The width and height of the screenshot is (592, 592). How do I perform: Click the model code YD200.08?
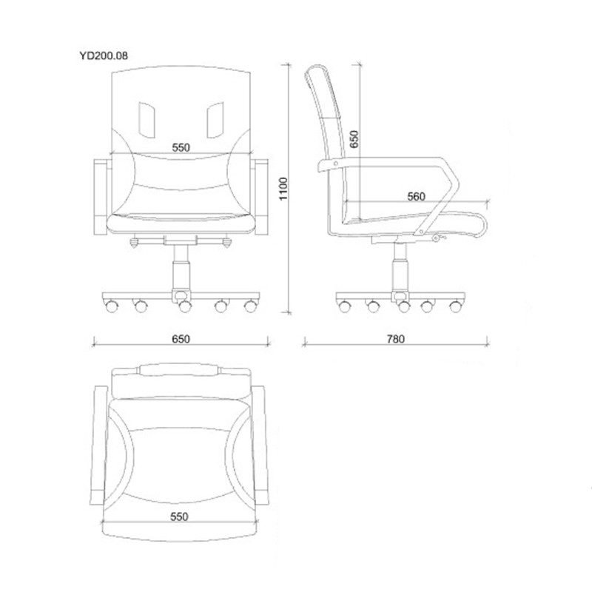coord(104,56)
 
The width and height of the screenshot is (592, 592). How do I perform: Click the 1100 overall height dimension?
coord(283,189)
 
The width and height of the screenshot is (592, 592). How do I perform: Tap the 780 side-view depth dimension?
coord(396,339)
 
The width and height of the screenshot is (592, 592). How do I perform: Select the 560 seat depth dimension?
coord(416,196)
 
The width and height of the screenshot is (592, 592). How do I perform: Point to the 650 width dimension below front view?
coord(181,339)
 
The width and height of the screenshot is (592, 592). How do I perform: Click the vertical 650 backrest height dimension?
coord(354,139)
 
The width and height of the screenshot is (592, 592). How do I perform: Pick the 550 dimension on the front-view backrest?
coord(181,147)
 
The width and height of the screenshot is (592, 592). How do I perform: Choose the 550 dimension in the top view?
coord(179,517)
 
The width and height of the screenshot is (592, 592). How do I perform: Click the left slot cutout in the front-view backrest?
coord(147,119)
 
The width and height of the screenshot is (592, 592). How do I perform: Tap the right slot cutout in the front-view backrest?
coord(215,119)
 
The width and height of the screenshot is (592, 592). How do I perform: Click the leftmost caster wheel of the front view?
coord(111,306)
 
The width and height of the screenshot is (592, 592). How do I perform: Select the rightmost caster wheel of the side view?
coord(456,306)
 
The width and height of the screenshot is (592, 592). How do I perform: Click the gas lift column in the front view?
coord(181,269)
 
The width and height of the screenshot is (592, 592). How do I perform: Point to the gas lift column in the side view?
coord(400,268)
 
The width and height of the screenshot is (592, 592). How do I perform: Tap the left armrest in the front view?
coord(101,197)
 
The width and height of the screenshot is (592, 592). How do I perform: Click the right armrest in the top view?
coord(260,445)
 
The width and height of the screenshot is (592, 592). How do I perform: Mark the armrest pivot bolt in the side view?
coord(336,164)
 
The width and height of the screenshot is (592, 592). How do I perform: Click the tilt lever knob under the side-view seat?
coord(437,238)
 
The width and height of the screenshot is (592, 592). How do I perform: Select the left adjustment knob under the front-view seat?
coord(134,242)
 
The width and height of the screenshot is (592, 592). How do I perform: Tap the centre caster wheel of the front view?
coord(184,306)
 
